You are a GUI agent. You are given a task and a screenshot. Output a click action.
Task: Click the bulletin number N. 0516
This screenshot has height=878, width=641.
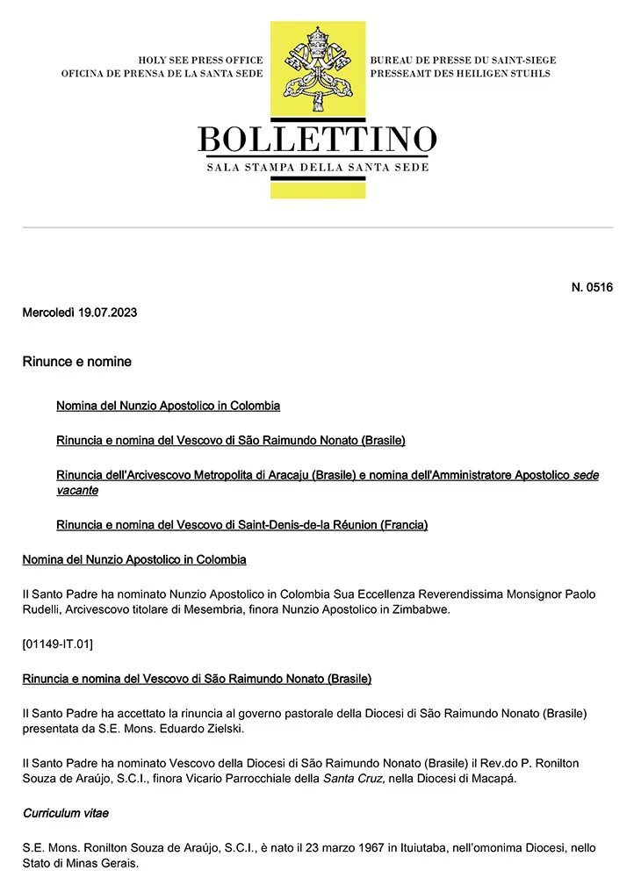coord(592,288)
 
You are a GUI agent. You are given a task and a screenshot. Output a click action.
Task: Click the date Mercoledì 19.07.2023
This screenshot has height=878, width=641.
coord(79,313)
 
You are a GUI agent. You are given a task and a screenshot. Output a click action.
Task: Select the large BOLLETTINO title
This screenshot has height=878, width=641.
coord(317,140)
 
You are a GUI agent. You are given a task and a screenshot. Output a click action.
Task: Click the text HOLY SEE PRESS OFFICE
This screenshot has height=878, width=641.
coord(200,60)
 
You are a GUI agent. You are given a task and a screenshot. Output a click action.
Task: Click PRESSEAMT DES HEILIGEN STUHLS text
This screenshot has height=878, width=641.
coord(460,74)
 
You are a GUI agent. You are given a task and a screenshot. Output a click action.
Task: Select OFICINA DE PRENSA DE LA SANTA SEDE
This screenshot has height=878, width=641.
coord(162,74)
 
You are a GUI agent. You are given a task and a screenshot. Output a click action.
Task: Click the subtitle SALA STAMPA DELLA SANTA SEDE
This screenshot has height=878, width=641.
coord(317,167)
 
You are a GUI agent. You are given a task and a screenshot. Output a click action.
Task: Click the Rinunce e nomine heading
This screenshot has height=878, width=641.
coord(76,361)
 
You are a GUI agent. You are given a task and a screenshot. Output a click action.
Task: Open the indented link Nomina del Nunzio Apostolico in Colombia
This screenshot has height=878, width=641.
coord(168,406)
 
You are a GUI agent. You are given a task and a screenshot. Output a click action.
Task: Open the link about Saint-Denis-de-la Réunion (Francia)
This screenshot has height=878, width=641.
coord(241,525)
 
